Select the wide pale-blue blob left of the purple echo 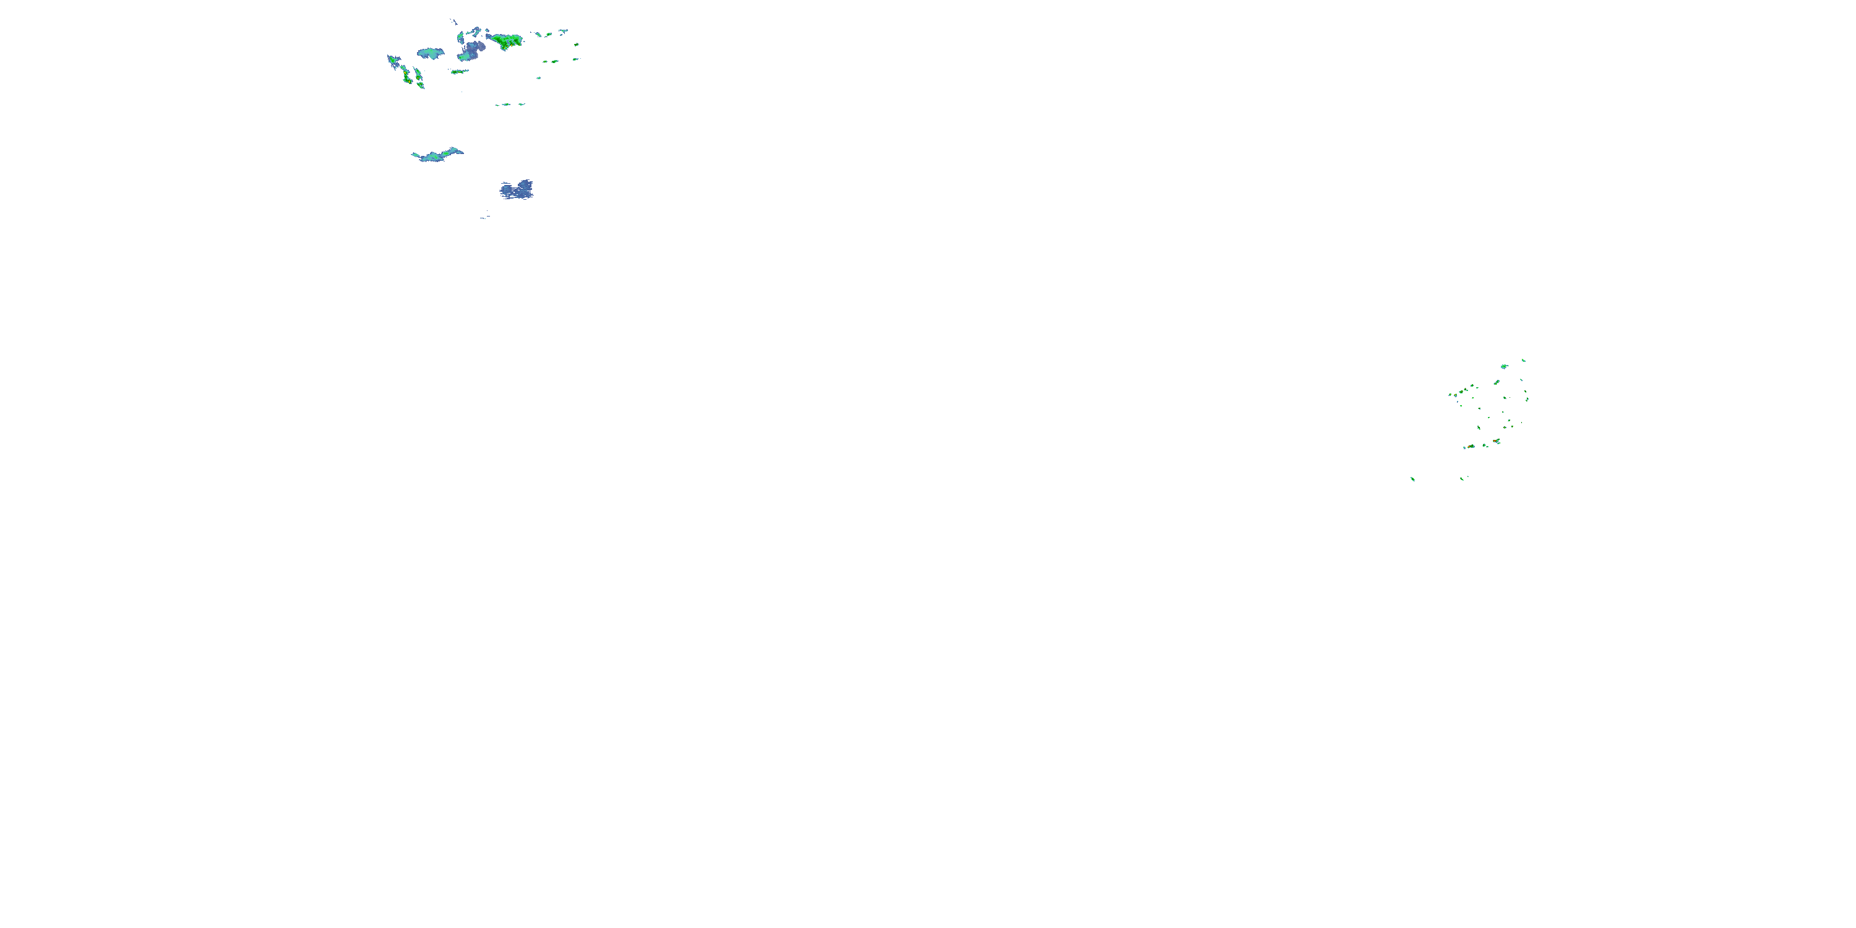tap(431, 53)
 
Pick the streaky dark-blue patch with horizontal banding tap(517, 189)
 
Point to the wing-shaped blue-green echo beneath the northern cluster tap(437, 155)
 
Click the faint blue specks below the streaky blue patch tap(484, 215)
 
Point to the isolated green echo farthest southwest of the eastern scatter tap(1412, 478)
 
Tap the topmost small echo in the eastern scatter tap(1523, 360)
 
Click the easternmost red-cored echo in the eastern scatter tap(1497, 441)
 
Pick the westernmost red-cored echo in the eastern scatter tap(1469, 447)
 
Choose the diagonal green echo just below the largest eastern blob tap(1497, 382)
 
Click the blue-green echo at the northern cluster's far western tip tap(393, 61)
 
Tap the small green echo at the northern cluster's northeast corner tap(563, 31)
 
